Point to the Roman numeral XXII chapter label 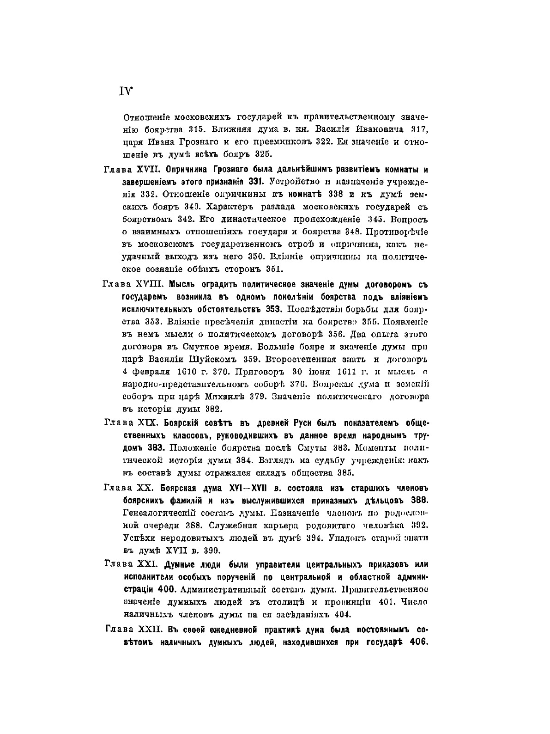pyautogui.click(x=151, y=630)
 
